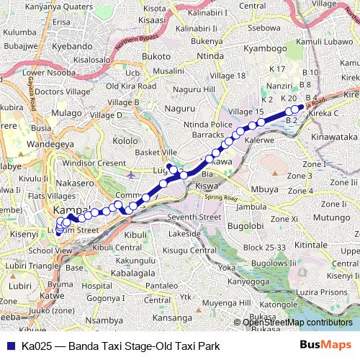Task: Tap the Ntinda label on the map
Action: pyautogui.click(x=210, y=55)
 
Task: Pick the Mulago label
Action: pyautogui.click(x=67, y=113)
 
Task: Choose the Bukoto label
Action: pyautogui.click(x=156, y=55)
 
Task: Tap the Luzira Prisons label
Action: pyautogui.click(x=328, y=292)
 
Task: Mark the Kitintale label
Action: pyautogui.click(x=331, y=246)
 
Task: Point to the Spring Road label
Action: pyautogui.click(x=220, y=198)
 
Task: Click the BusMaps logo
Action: pyautogui.click(x=330, y=346)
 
